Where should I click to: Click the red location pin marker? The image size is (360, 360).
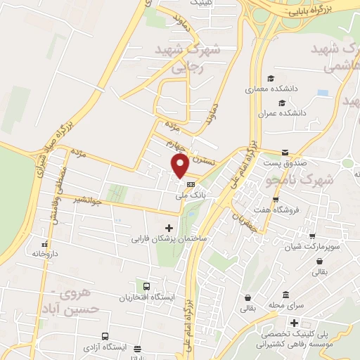(180, 166)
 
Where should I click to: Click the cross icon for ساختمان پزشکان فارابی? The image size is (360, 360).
(169, 228)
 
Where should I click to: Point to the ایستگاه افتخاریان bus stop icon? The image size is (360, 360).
(146, 286)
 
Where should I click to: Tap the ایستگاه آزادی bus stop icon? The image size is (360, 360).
(105, 336)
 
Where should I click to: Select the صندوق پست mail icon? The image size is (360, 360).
(285, 153)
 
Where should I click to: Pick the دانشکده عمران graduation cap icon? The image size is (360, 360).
(282, 102)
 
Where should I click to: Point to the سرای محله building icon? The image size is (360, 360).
(285, 295)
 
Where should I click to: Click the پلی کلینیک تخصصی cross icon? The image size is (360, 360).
(284, 322)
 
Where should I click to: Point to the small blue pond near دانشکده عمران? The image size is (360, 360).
(323, 93)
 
